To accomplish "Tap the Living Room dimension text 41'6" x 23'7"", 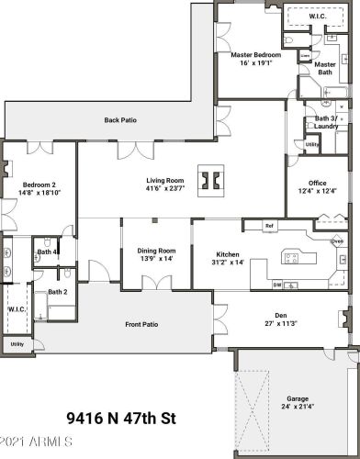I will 166,191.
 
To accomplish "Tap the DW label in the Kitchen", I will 277,285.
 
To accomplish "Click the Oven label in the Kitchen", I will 337,242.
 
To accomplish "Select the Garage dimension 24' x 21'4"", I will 297,407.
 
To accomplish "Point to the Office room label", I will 318,183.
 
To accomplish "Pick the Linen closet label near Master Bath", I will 305,55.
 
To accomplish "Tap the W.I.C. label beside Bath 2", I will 16,309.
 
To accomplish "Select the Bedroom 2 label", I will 38,183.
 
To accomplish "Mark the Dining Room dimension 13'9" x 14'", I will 156,259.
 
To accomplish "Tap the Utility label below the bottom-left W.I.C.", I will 16,344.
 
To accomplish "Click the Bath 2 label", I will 58,292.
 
